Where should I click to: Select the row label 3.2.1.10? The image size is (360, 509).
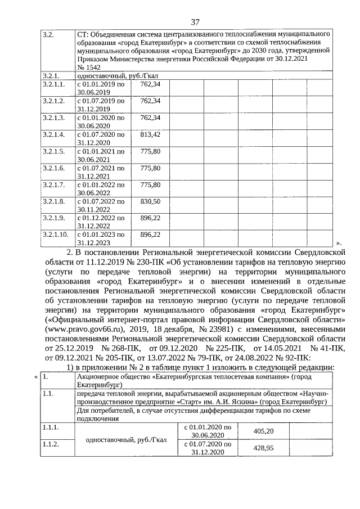pos(56,233)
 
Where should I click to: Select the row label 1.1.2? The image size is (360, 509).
pos(51,444)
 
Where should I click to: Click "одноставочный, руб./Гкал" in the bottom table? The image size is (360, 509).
pos(125,439)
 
